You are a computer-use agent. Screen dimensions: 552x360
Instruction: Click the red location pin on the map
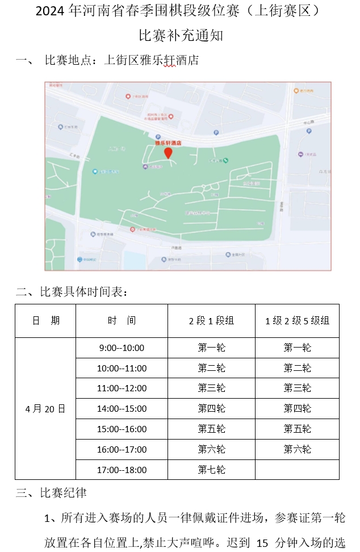pos(169,153)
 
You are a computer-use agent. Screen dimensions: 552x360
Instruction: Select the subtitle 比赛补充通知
pos(181,35)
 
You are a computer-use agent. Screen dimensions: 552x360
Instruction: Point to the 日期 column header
pos(45,321)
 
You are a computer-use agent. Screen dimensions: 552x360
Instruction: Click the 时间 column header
pos(122,321)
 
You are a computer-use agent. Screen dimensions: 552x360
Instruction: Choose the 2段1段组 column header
pos(211,321)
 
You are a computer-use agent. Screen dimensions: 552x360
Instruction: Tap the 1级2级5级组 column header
pos(297,321)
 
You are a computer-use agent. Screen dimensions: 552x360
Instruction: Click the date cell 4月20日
pos(45,408)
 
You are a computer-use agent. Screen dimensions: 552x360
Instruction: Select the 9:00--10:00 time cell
pos(122,348)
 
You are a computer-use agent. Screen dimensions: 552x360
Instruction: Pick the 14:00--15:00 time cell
pos(122,409)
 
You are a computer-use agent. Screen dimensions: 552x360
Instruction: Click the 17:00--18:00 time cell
pos(122,470)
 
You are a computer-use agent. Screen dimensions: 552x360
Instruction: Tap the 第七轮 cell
pos(211,470)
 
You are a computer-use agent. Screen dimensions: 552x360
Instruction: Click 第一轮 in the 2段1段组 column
pos(211,348)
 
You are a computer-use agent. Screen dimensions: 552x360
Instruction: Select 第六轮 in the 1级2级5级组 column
pos(297,449)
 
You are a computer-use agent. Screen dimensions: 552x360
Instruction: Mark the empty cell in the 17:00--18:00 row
pos(297,470)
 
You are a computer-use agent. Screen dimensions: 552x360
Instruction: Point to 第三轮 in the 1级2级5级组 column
pos(297,388)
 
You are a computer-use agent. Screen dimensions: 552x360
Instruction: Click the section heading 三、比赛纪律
pos(51,493)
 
